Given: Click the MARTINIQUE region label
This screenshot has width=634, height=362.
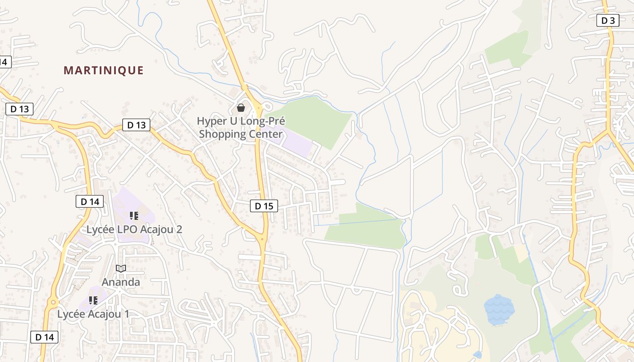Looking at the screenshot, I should pos(103,71).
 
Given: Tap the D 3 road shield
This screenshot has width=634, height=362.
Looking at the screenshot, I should pos(607,20).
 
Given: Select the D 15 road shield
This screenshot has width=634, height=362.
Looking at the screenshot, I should pos(264,206).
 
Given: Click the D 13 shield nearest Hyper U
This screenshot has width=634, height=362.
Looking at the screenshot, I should pos(136,125).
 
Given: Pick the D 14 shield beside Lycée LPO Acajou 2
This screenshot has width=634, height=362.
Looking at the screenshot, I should pos(89,202).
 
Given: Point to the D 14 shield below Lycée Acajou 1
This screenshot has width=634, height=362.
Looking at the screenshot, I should pos(44,337).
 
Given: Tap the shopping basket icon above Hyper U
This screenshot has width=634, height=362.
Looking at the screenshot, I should pos(241,108).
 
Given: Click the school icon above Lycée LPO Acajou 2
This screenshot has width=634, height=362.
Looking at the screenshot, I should pos(134,216).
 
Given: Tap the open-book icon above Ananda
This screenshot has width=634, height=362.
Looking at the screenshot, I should pos(120,269).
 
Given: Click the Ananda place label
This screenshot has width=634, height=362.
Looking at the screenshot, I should pos(120,282).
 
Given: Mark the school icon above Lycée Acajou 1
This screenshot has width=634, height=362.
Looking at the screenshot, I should pos(93,300).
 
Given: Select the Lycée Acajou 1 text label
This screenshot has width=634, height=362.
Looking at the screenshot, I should pos(93,314).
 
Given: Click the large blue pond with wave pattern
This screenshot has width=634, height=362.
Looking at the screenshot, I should pos(499,310).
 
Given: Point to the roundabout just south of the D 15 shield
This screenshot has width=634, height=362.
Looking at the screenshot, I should pos(262,238).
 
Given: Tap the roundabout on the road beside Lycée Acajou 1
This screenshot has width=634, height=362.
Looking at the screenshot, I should pos(53,302).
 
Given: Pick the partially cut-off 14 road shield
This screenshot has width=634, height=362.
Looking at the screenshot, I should pos(5,62).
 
